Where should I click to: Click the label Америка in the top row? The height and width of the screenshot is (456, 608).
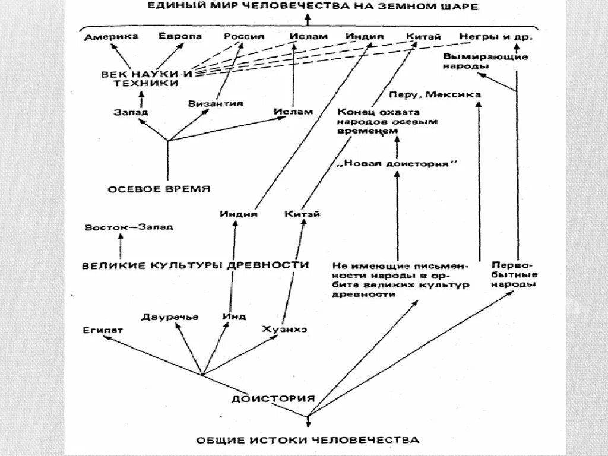[x=111, y=37]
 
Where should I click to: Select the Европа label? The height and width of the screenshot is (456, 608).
[x=180, y=36]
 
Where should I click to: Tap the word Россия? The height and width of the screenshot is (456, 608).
[x=244, y=36]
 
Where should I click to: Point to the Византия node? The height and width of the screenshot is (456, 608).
[x=216, y=103]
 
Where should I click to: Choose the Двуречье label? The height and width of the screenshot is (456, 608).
[x=170, y=316]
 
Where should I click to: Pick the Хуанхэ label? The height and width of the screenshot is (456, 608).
[x=284, y=329]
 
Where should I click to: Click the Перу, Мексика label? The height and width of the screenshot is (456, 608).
[x=435, y=94]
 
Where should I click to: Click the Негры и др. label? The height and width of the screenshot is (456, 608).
[x=496, y=37]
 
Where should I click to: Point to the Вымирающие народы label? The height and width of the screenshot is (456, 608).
[x=486, y=62]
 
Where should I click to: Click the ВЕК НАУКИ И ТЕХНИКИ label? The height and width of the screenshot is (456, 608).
[x=147, y=79]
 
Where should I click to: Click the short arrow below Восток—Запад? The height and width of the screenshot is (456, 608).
[x=121, y=245]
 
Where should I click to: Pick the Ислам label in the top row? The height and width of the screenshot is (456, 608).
[x=308, y=36]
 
